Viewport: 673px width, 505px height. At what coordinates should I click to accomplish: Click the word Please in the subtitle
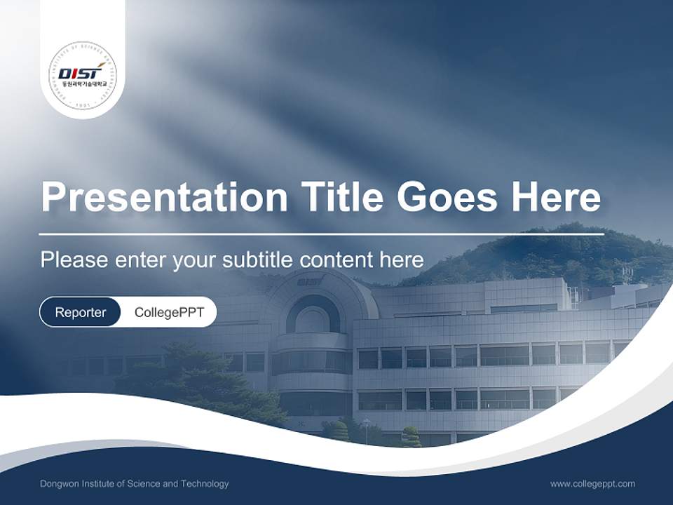coord(74,260)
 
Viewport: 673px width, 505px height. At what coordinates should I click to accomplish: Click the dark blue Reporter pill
coord(81,312)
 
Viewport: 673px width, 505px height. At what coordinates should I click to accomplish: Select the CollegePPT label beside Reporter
coord(169,312)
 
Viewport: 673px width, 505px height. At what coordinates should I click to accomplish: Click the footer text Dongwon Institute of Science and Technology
coord(135,483)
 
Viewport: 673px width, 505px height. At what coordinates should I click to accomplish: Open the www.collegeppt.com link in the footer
coord(592,483)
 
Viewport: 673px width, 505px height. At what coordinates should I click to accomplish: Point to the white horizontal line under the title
coord(322,234)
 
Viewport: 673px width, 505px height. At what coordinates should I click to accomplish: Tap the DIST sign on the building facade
coord(311,281)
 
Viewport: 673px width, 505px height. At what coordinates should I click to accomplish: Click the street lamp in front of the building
coord(366,429)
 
